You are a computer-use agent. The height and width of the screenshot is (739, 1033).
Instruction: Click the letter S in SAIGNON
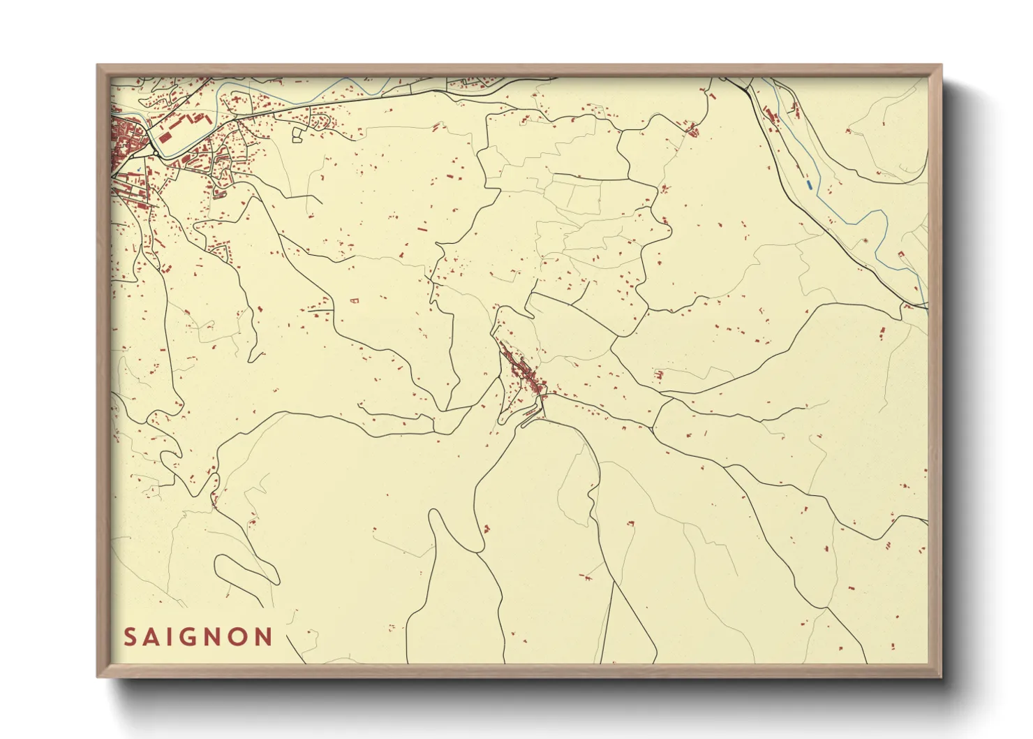pyautogui.click(x=130, y=637)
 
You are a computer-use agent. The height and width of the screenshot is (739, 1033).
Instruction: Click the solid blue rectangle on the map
pyautogui.click(x=809, y=184)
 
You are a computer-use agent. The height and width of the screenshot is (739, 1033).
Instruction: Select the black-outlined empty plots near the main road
pyautogui.click(x=299, y=133)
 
